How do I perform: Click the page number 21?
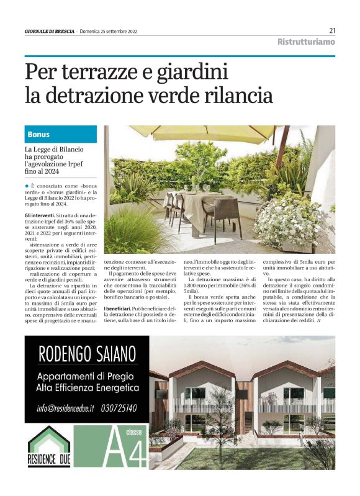pos(332,30)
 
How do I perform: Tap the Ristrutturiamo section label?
pos(306,42)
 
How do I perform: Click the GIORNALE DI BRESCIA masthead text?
pos(49,31)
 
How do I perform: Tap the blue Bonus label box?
pos(61,134)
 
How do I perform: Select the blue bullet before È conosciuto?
pos(27,186)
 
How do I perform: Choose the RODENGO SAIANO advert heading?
pos(88,355)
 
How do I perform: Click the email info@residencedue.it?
pos(66,408)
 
